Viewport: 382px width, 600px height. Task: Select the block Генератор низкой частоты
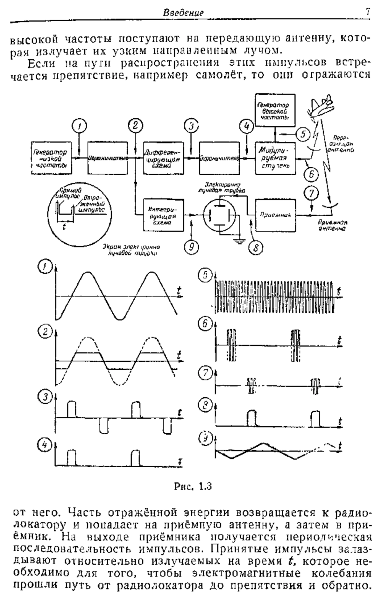pyautogui.click(x=51, y=158)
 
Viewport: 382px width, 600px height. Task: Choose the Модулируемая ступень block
pyautogui.click(x=274, y=158)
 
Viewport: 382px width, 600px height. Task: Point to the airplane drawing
pyautogui.click(x=320, y=108)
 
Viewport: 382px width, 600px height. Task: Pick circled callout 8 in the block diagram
pyautogui.click(x=256, y=247)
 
